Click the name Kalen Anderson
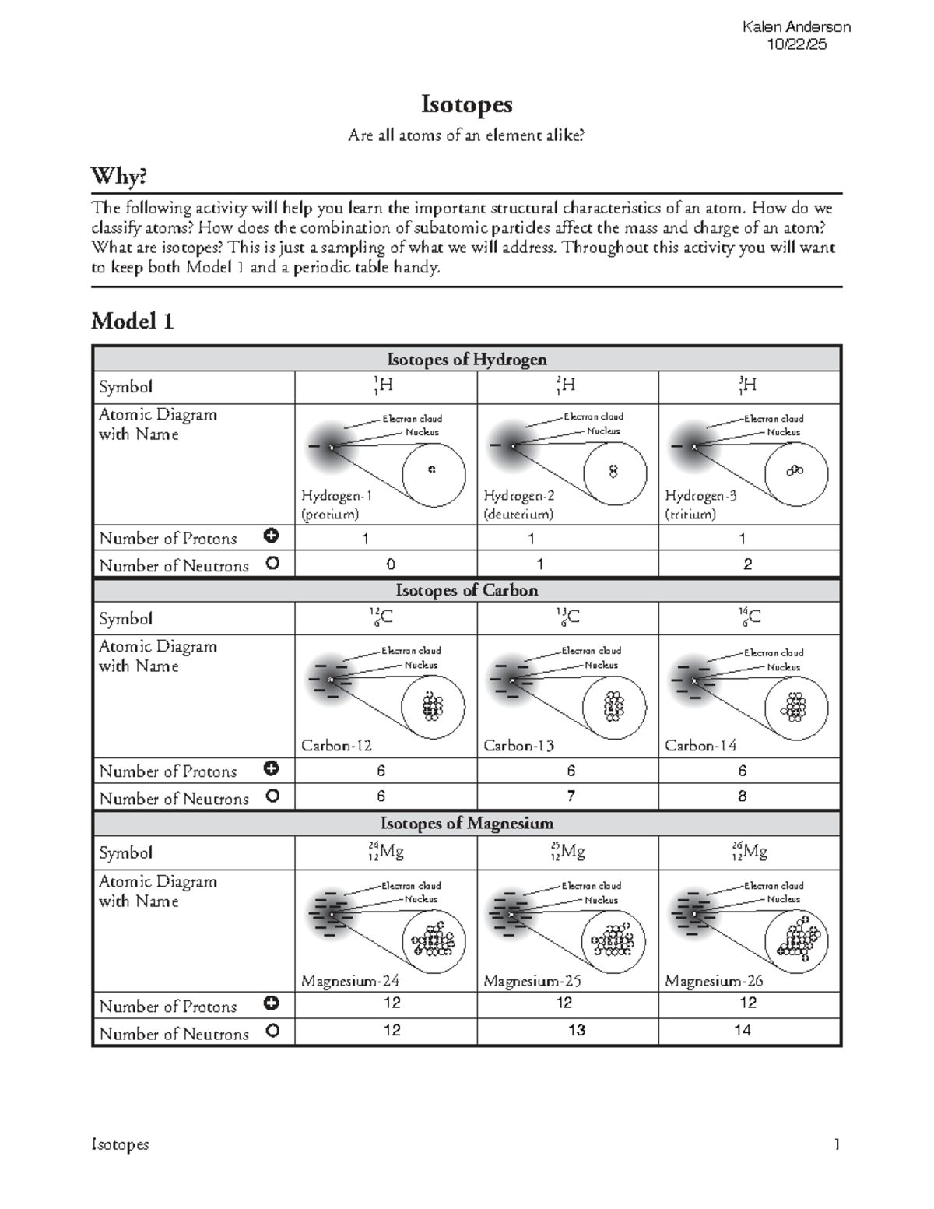coord(796,27)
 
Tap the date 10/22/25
coord(796,44)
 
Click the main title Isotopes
coord(466,104)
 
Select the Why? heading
coord(119,177)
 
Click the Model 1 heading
coord(132,321)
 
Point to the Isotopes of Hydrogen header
coord(466,359)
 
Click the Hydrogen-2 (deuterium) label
coord(518,504)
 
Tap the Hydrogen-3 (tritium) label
coord(700,504)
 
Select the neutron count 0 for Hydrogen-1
coord(391,564)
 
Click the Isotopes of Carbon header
coord(466,590)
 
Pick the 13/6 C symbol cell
coord(567,618)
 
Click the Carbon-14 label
coord(700,745)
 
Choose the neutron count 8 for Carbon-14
coord(742,796)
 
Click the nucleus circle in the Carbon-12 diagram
coord(433,707)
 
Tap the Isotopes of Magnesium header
coord(466,823)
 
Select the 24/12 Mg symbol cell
coord(386,852)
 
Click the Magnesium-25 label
coord(532,981)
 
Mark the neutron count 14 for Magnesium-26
coord(742,1031)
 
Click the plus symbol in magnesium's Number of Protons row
coord(272,1003)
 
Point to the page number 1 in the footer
coord(837,1144)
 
